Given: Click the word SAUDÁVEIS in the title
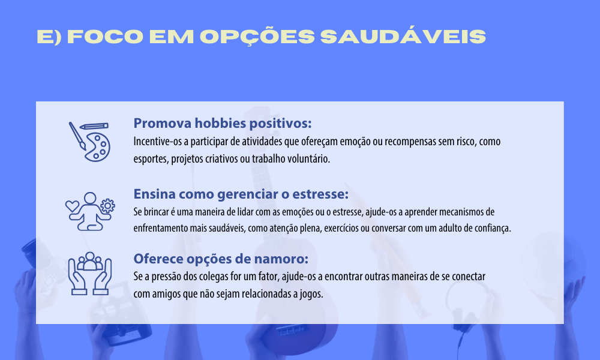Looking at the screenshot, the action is (403, 37).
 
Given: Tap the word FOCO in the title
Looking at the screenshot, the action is (105, 37).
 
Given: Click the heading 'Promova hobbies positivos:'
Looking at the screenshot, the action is (223, 123).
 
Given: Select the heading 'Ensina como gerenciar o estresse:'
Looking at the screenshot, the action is (241, 194).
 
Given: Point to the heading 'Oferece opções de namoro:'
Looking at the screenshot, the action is (220, 259).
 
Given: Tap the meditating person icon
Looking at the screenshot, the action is (90, 211).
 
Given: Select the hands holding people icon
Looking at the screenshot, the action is (90, 273).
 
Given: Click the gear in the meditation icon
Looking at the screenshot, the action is (107, 206).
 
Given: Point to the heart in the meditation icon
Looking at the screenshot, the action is (72, 206).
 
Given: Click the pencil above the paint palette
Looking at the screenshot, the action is (94, 126).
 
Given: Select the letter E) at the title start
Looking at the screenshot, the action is (49, 37).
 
